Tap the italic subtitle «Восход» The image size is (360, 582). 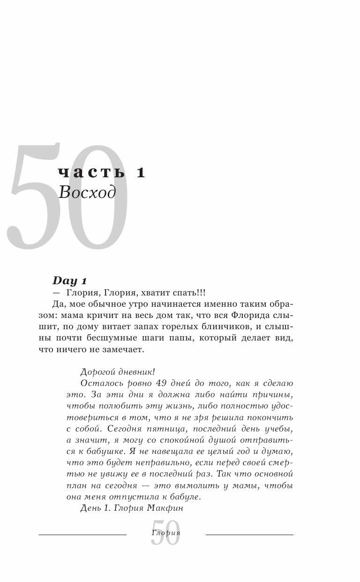(x=87, y=192)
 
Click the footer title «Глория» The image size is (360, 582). (x=166, y=533)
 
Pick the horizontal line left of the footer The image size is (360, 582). (x=82, y=535)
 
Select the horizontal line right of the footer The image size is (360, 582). (x=249, y=535)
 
